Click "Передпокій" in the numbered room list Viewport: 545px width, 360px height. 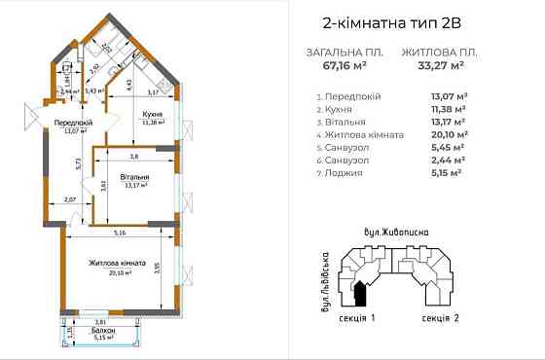click(355, 97)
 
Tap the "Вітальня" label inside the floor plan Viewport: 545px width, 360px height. click(134, 178)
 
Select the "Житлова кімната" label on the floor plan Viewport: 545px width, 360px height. click(117, 263)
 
